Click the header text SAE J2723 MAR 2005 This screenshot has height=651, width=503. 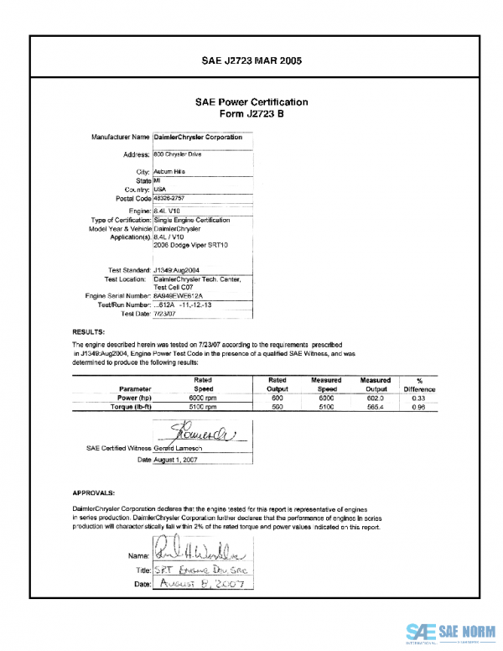[x=251, y=60]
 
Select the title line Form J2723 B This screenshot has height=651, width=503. [x=251, y=114]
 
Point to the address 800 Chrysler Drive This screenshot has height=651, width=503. [x=178, y=154]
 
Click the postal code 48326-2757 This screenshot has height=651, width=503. [x=171, y=199]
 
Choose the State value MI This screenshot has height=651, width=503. [x=157, y=180]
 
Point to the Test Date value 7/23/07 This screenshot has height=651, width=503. [x=164, y=313]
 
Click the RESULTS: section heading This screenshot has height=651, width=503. [x=88, y=332]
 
